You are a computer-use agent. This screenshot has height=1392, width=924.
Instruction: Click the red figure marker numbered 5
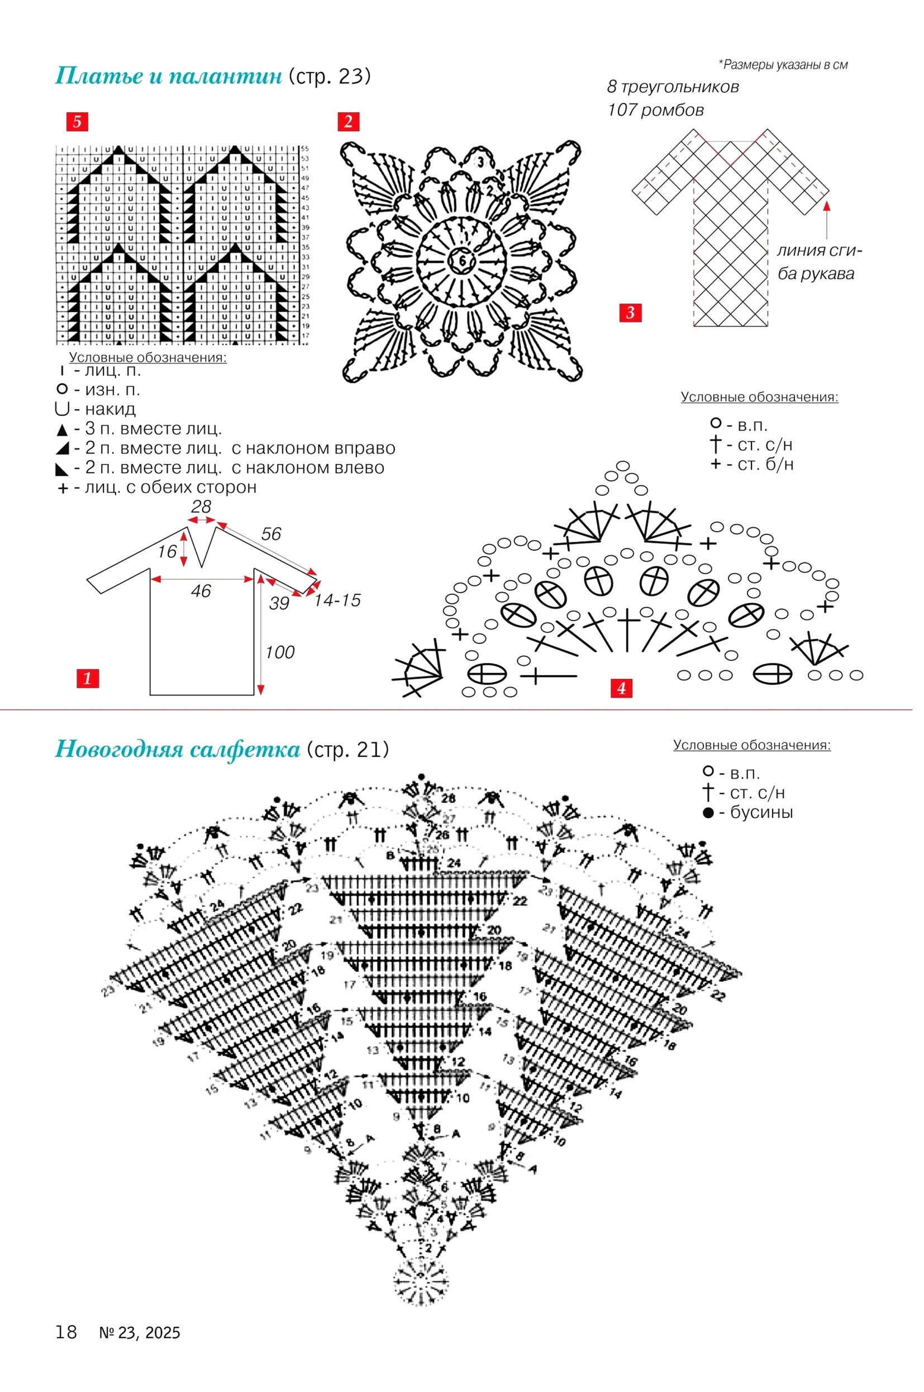[x=77, y=122]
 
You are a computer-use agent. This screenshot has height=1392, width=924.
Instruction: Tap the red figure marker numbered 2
[x=347, y=122]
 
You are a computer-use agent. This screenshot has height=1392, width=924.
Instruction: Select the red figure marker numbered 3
[x=630, y=313]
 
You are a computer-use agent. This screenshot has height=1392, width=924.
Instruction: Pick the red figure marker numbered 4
[x=621, y=688]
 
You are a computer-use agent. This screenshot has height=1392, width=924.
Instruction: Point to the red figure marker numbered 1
[x=87, y=678]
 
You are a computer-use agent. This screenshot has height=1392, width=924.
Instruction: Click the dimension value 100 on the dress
[x=279, y=652]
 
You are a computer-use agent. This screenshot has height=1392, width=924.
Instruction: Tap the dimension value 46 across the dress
[x=201, y=591]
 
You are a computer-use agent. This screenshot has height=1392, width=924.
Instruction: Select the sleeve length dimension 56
[x=271, y=534]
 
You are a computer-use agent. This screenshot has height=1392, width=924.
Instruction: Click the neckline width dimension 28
[x=201, y=507]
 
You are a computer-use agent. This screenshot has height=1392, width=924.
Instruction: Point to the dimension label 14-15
[x=337, y=601]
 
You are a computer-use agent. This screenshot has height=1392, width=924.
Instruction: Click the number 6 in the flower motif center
[x=462, y=261]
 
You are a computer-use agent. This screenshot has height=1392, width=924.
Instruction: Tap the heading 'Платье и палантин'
[x=169, y=77]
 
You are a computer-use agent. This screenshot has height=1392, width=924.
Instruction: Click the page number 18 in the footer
[x=66, y=1332]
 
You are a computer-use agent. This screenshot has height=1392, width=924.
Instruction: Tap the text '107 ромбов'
[x=655, y=110]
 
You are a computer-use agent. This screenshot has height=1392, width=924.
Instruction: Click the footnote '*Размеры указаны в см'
[x=783, y=65]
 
